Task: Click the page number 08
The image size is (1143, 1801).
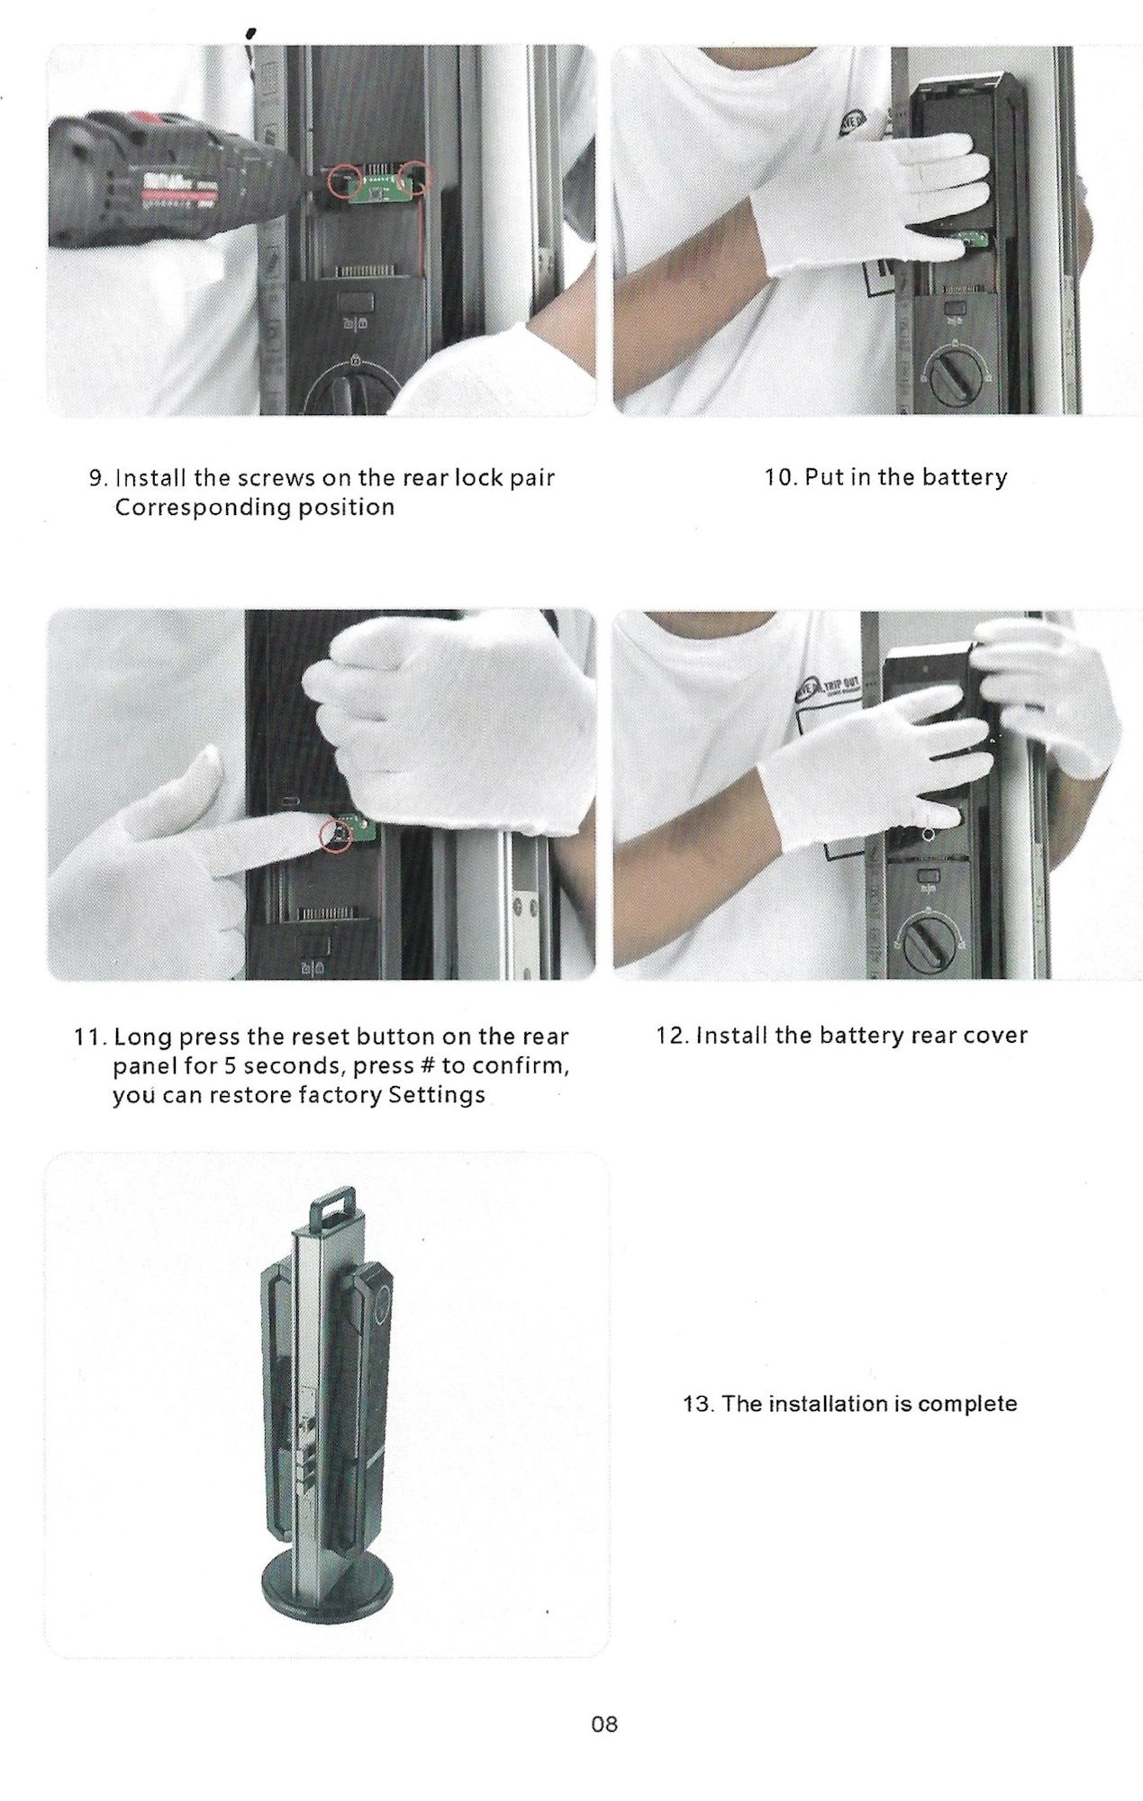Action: (x=604, y=1724)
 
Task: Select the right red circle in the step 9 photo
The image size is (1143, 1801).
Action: (x=418, y=176)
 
